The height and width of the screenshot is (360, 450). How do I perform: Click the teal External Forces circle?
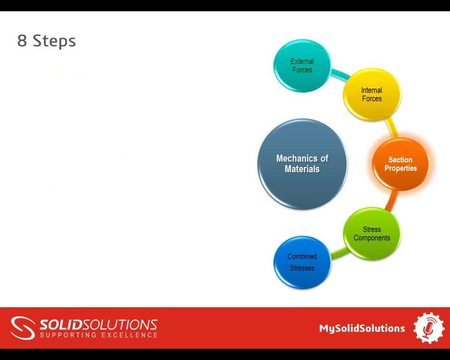(x=302, y=66)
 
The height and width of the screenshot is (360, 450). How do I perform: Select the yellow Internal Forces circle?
(x=372, y=94)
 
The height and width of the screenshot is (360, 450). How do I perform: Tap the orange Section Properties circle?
(x=401, y=164)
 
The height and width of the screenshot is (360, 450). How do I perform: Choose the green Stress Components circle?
(x=372, y=234)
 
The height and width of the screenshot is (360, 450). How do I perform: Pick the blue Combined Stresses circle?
(x=302, y=262)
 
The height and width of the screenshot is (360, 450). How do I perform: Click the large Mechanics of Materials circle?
(x=302, y=164)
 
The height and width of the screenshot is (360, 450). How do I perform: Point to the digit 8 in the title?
(x=22, y=41)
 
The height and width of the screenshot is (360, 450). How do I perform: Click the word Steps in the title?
(x=54, y=41)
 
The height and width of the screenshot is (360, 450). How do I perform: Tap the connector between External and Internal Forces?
(x=340, y=74)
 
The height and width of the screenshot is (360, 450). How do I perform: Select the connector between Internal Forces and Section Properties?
(x=392, y=128)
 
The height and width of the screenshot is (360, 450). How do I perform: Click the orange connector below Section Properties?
(x=392, y=201)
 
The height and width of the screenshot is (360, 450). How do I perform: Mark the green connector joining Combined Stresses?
(x=340, y=252)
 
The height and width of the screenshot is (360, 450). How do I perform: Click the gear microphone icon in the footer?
(x=429, y=328)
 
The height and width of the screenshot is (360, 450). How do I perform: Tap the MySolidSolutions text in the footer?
(x=362, y=328)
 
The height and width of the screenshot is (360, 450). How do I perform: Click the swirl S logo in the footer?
(x=22, y=328)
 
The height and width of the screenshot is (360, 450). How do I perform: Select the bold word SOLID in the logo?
(x=61, y=325)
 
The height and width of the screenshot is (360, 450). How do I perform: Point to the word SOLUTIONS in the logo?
(x=120, y=325)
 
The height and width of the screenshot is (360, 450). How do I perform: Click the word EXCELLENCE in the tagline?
(x=129, y=335)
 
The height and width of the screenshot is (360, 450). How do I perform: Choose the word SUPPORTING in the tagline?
(x=68, y=335)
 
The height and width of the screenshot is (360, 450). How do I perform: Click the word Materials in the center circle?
(x=302, y=169)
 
